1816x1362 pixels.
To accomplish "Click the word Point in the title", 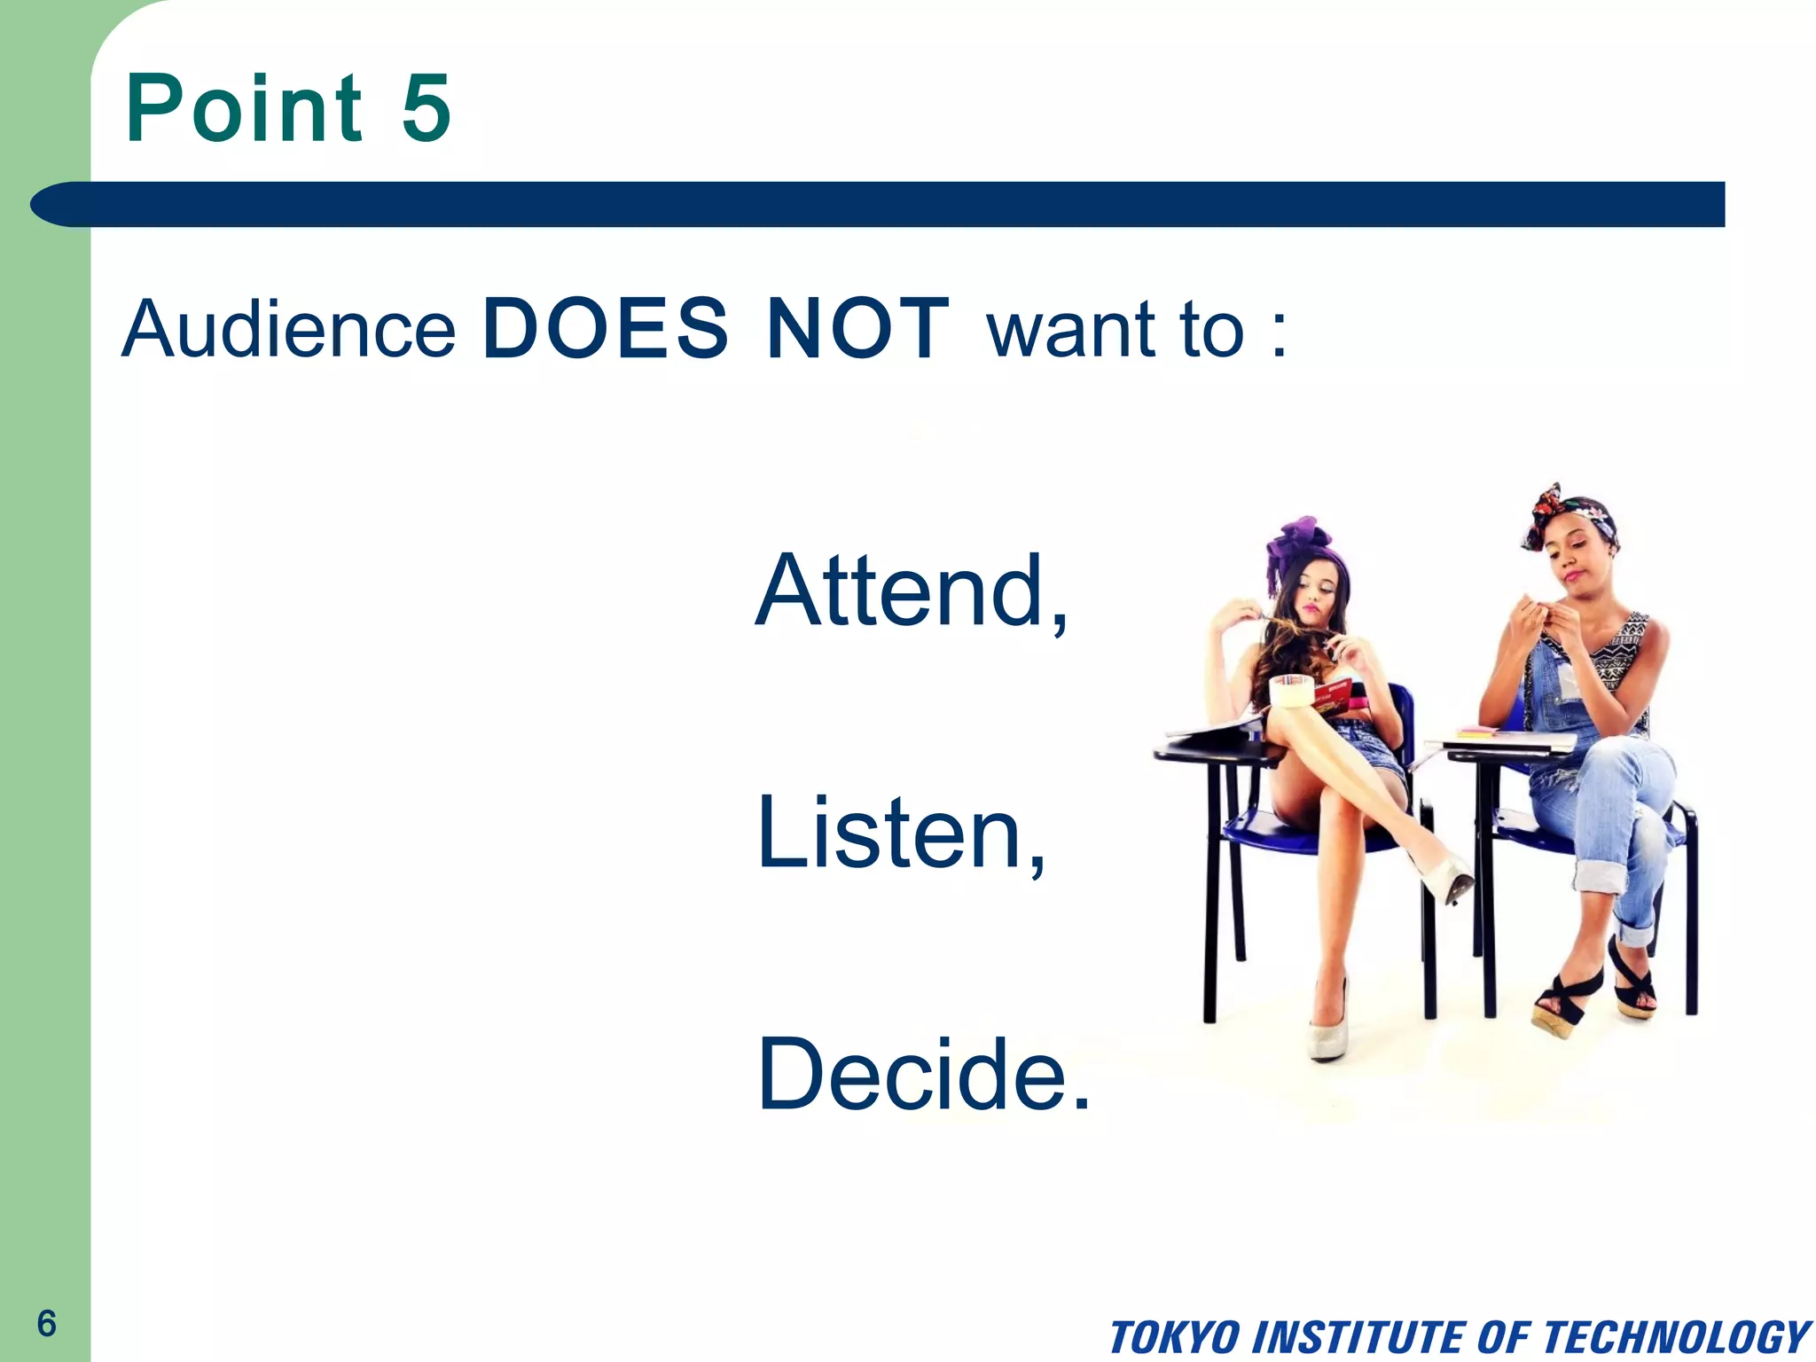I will (x=244, y=108).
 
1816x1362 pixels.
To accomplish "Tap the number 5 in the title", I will (x=427, y=108).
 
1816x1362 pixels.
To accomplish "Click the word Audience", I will (x=288, y=329).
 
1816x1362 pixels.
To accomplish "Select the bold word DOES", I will (x=605, y=329).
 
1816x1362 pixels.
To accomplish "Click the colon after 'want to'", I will (x=1278, y=337).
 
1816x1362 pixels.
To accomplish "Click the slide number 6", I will (x=46, y=1324).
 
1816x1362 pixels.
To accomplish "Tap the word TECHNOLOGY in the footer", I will (x=1676, y=1337).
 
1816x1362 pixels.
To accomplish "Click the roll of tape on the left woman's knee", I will (x=1293, y=691).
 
